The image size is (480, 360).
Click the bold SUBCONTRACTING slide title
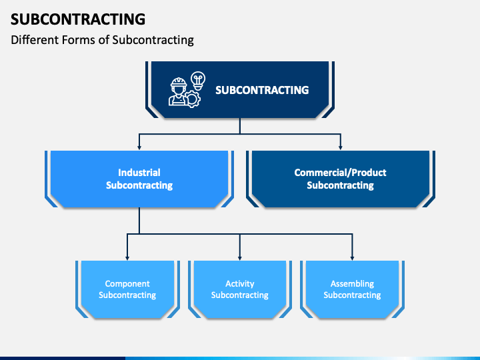click(78, 19)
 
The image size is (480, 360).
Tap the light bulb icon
click(198, 81)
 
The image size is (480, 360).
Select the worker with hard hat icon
click(178, 91)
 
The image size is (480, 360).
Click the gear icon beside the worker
click(193, 99)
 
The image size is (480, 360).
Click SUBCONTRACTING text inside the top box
click(262, 90)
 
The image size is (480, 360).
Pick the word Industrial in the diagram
click(139, 173)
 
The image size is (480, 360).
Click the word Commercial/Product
click(341, 173)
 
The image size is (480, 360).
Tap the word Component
click(127, 284)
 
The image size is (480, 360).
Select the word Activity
click(240, 284)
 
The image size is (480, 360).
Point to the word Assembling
click(353, 284)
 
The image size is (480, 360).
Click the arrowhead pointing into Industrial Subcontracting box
click(139, 147)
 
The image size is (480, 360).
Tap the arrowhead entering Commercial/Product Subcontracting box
click(341, 147)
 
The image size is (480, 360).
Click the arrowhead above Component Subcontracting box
click(127, 258)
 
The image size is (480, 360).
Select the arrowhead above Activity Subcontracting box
click(240, 258)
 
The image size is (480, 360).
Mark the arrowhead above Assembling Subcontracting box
click(353, 258)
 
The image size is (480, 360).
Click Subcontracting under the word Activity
click(240, 295)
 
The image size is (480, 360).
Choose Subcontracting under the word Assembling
click(353, 295)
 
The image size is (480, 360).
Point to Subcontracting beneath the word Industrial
click(139, 185)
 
